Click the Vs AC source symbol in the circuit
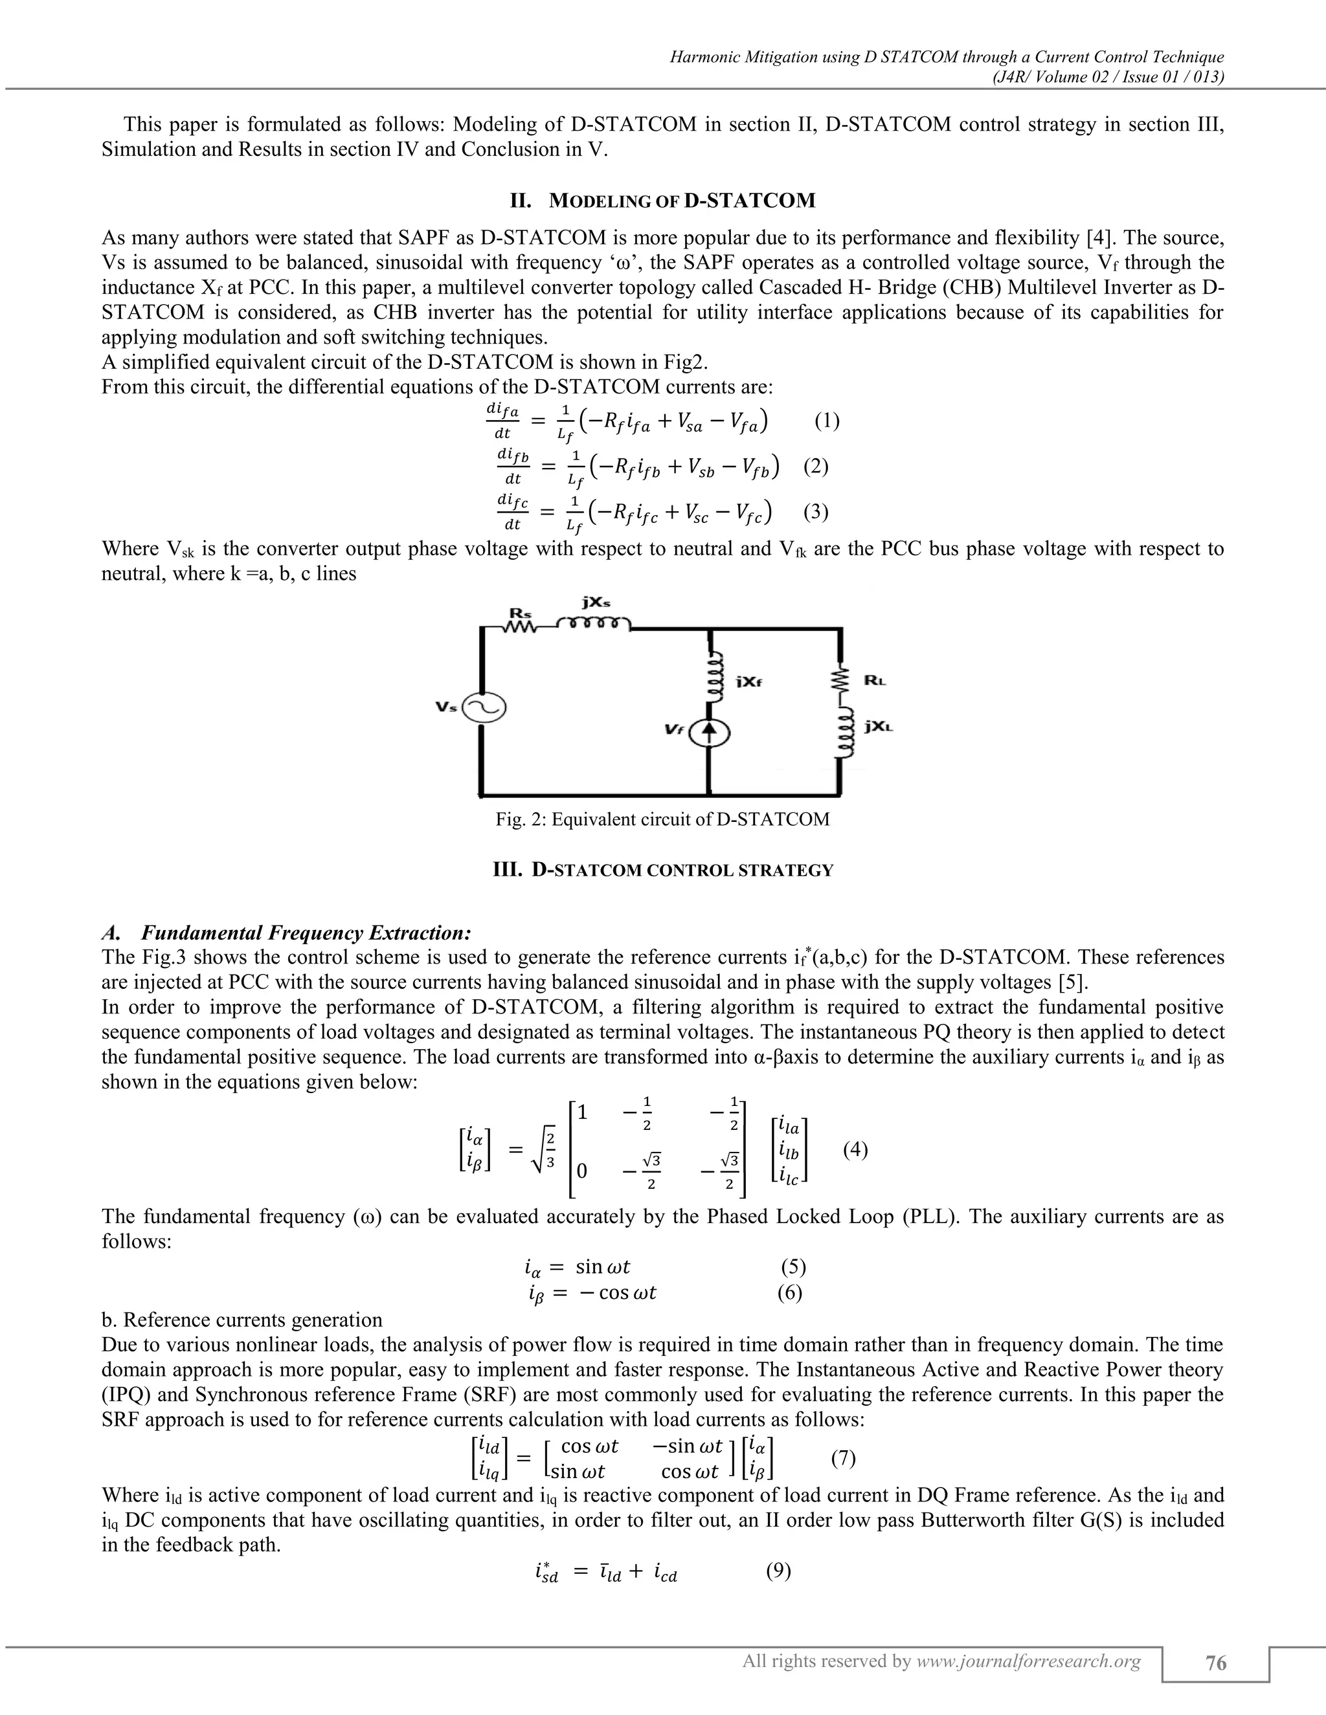click(x=484, y=708)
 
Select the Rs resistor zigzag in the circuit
click(x=520, y=626)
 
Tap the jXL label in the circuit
click(x=878, y=727)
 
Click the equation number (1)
click(x=826, y=421)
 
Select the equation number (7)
click(x=843, y=1458)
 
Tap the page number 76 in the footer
click(x=1215, y=1663)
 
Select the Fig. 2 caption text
click(x=662, y=820)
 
